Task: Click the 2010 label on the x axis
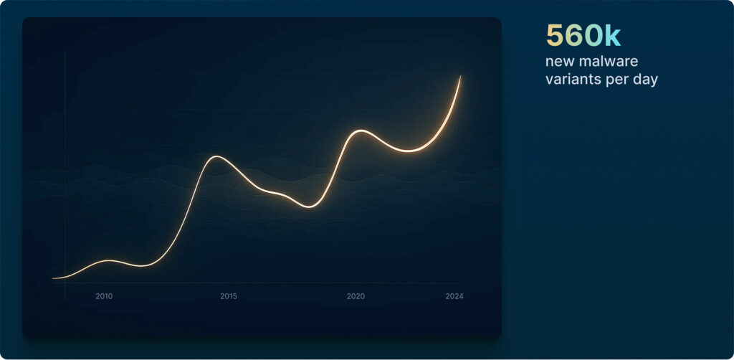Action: click(104, 296)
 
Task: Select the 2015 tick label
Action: click(229, 296)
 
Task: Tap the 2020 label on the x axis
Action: click(356, 296)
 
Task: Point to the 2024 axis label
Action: click(454, 296)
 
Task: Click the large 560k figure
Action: click(583, 36)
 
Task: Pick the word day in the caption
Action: click(645, 80)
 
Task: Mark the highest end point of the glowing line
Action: click(460, 76)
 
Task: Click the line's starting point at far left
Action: click(53, 278)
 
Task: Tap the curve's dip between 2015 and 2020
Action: click(309, 207)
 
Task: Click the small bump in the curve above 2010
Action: click(109, 260)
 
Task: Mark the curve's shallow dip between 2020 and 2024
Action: click(408, 151)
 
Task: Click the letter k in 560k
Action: click(613, 36)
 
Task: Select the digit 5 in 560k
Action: click(554, 36)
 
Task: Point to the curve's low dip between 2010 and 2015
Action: click(143, 266)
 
